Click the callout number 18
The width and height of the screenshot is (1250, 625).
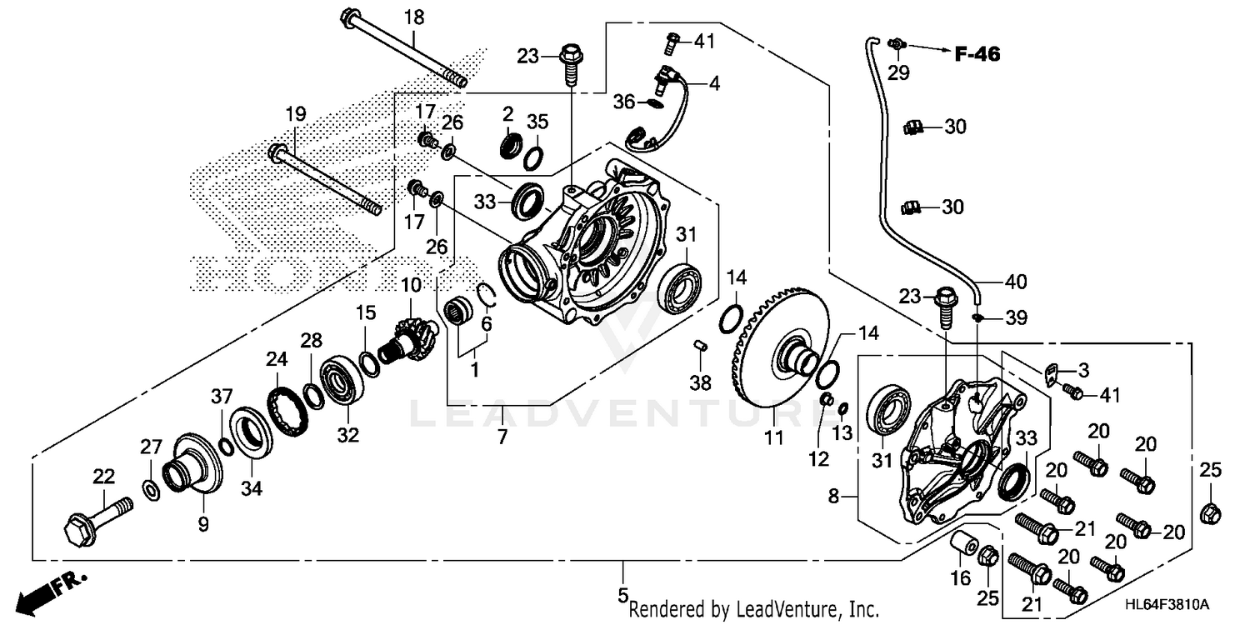pos(414,17)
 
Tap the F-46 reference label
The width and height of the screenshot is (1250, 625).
pos(977,55)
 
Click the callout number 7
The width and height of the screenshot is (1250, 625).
pos(502,436)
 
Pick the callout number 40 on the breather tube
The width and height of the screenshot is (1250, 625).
pos(1015,282)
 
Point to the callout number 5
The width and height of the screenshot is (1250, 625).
pos(622,595)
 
